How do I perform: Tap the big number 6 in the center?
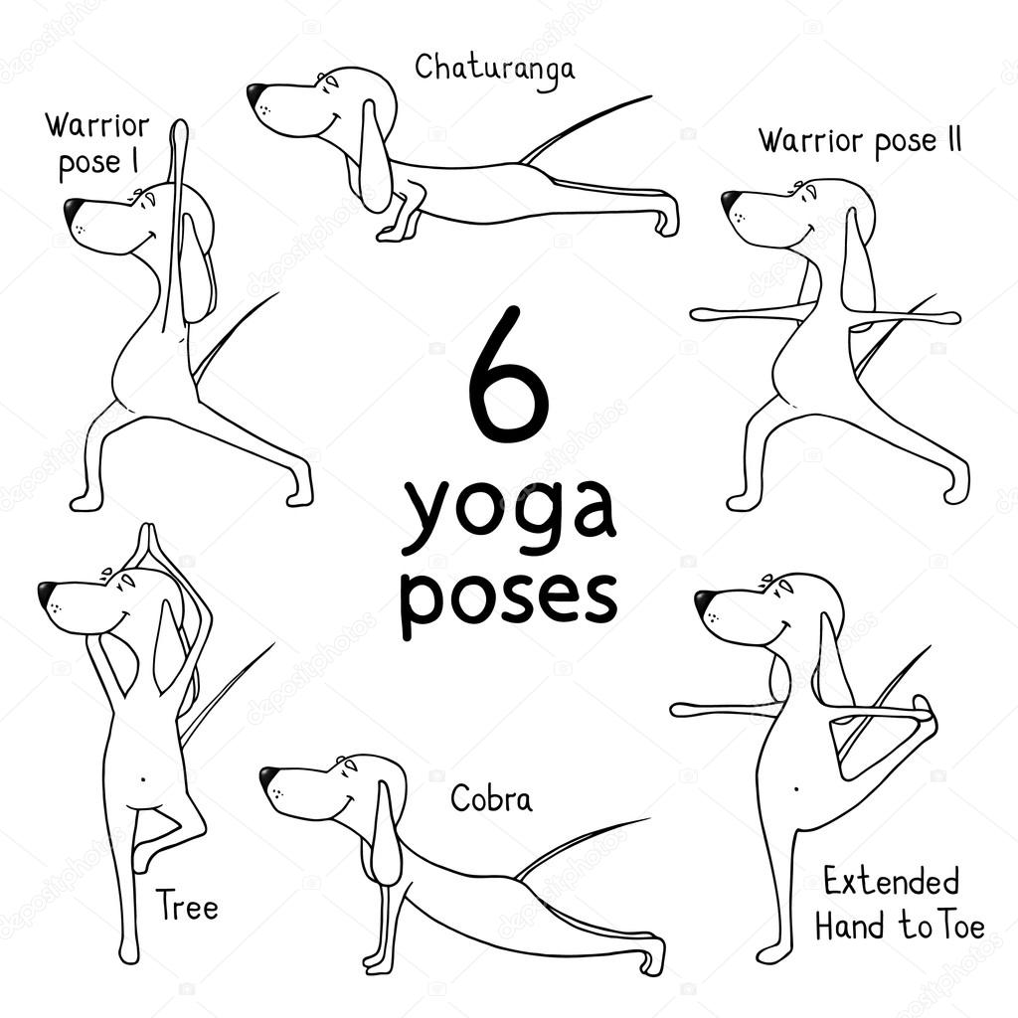pos(509,375)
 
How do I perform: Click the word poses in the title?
pos(508,598)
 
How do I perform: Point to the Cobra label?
pos(491,798)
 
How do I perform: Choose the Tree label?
pos(186,905)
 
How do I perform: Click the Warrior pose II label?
pos(860,141)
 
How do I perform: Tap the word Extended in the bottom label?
pos(891,883)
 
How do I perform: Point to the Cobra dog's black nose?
pos(268,776)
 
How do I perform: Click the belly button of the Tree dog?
pos(143,777)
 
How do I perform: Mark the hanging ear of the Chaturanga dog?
pos(376,156)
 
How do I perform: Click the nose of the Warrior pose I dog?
pos(74,209)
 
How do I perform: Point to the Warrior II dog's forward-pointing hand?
pos(708,315)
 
